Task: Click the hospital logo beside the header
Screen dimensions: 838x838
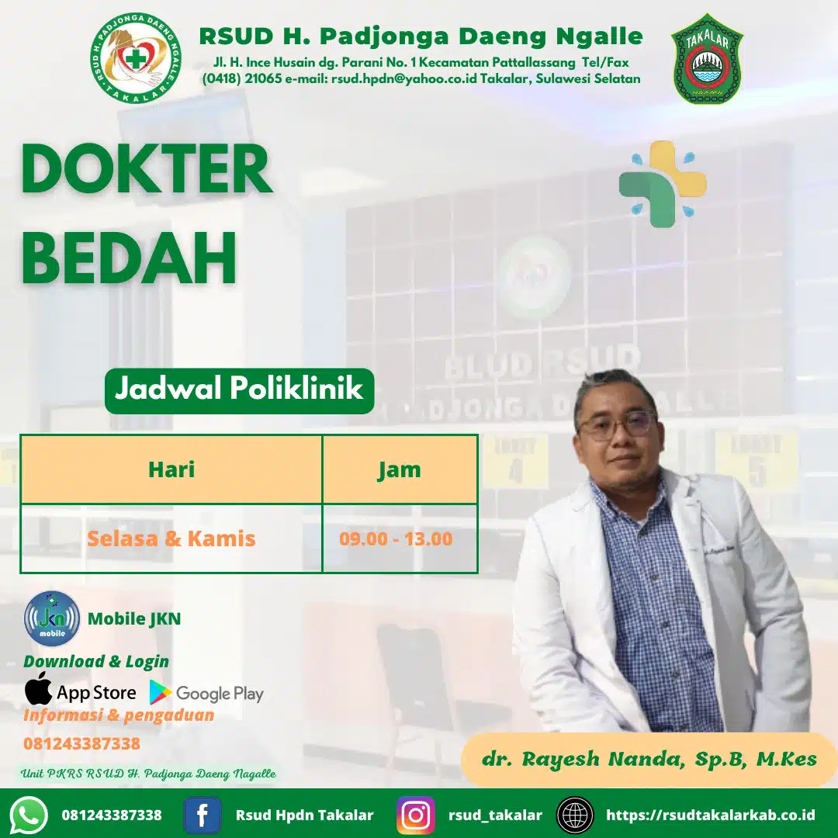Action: (136, 59)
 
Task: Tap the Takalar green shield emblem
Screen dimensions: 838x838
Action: (707, 59)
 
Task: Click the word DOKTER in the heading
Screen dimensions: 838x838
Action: (146, 169)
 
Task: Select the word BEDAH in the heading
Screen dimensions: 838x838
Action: (129, 258)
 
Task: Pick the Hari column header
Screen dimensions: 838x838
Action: (171, 469)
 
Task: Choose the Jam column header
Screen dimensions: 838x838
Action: (400, 469)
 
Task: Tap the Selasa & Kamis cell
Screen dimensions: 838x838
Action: (171, 538)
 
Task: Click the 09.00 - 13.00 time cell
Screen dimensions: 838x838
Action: (396, 538)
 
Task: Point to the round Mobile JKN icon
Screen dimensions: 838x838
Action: (52, 618)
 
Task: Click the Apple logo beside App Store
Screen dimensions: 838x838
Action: (38, 689)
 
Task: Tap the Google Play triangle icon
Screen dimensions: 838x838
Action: (161, 692)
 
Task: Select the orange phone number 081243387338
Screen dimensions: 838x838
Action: (81, 743)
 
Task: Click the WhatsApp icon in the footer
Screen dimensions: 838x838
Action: (29, 815)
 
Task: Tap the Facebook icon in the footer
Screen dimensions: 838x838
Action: (203, 815)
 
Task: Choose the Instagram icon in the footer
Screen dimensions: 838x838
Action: (416, 815)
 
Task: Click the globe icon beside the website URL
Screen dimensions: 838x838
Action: (575, 815)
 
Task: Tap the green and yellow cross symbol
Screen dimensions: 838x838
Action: (662, 183)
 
